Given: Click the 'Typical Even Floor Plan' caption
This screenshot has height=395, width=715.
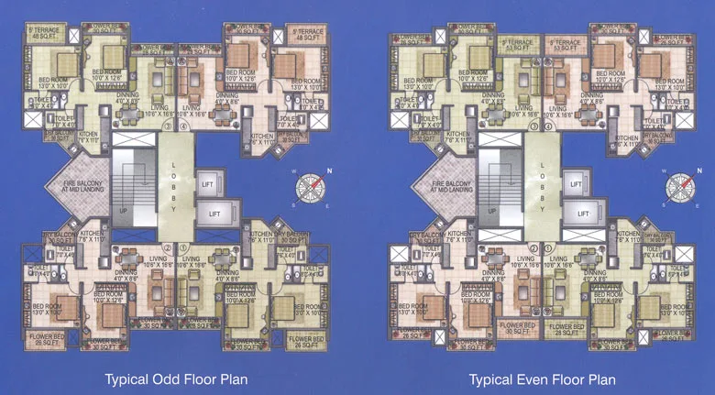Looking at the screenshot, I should click(542, 378).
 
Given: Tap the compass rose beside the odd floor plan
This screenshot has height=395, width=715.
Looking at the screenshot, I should click(312, 188).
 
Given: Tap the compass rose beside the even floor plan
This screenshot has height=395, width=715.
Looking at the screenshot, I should click(679, 187).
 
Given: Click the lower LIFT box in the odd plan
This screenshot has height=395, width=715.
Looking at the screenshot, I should click(214, 214).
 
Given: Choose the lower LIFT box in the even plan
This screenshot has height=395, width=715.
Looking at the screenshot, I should click(581, 214).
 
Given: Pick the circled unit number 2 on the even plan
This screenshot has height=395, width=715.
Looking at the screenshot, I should click(534, 247).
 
